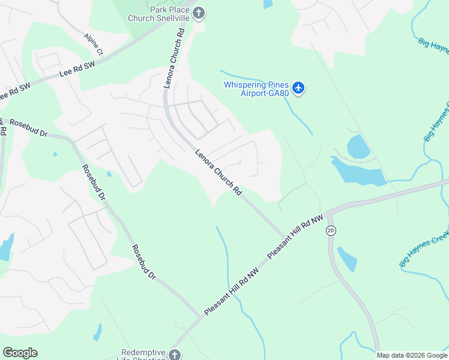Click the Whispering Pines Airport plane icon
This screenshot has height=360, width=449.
(x=299, y=89)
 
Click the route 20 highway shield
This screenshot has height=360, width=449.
(x=331, y=230)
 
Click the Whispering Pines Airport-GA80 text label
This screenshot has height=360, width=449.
(x=256, y=89)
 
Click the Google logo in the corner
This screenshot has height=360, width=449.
(x=20, y=353)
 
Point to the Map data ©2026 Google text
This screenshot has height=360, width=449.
(x=411, y=355)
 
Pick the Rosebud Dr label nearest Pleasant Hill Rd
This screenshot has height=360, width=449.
(x=144, y=262)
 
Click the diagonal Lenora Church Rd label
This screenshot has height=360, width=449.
(x=218, y=173)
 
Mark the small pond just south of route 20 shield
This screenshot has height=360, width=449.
(x=347, y=258)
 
